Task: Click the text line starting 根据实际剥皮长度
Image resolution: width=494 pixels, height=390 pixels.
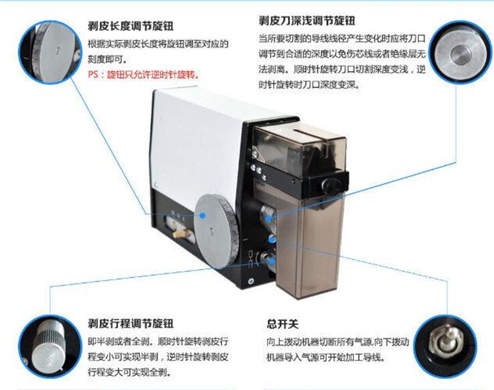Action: coord(158,44)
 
